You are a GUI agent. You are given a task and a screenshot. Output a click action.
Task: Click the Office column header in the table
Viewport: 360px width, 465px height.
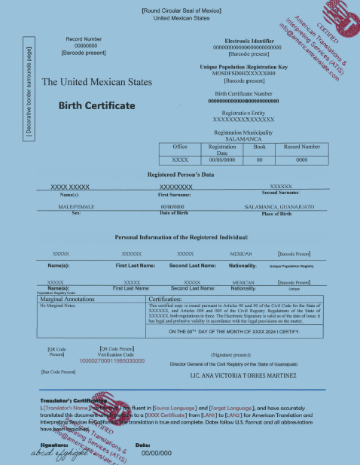180,147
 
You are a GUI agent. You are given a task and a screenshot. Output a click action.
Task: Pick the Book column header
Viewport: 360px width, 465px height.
260,147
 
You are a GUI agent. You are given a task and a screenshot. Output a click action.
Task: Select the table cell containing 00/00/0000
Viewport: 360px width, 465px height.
221,160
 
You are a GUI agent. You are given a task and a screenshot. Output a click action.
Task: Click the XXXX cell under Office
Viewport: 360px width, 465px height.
180,160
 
